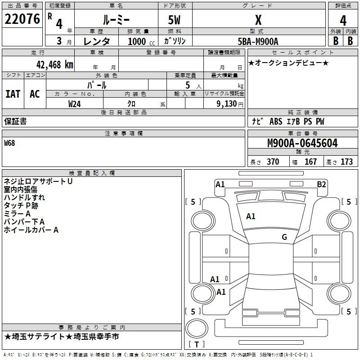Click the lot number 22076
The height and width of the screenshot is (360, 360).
(x=22, y=20)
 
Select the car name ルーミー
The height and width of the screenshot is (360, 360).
(x=116, y=20)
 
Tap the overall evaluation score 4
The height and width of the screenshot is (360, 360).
(x=343, y=20)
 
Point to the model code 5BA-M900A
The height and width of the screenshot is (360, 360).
(x=258, y=41)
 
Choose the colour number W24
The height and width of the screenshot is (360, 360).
(x=75, y=103)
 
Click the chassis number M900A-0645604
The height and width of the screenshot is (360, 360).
(x=302, y=143)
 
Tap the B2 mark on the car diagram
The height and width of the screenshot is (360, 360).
(x=321, y=184)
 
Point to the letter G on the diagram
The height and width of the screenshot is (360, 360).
(x=284, y=237)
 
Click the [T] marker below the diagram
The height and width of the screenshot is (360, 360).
(x=197, y=345)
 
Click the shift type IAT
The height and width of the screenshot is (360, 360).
(x=13, y=94)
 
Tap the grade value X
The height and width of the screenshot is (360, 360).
(x=258, y=20)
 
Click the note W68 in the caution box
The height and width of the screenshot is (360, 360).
(x=9, y=143)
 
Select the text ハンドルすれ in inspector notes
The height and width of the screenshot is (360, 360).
(x=24, y=198)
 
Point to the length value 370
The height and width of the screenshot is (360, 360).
(x=273, y=162)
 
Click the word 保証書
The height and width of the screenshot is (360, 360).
(x=15, y=121)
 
